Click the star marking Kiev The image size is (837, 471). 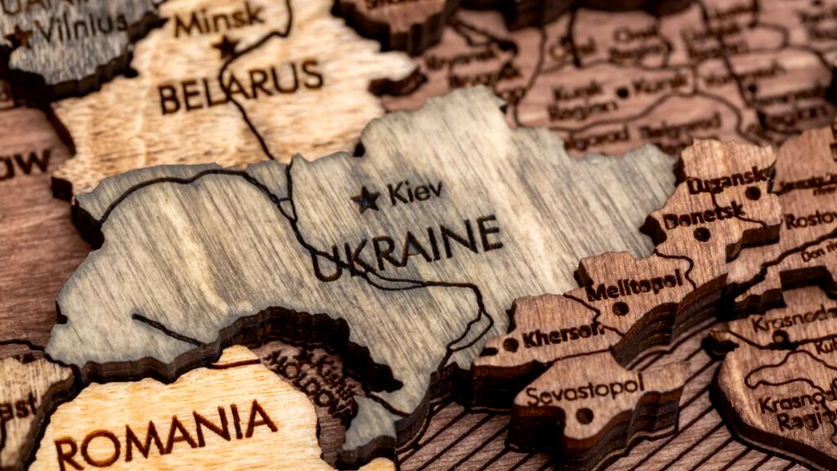[366, 200]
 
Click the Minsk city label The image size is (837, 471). [219, 18]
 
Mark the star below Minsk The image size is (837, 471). [226, 46]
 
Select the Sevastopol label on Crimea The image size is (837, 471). [583, 390]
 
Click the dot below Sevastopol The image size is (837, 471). [584, 416]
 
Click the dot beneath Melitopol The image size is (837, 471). [620, 308]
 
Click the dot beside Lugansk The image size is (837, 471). [752, 193]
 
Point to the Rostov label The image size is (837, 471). [811, 220]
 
